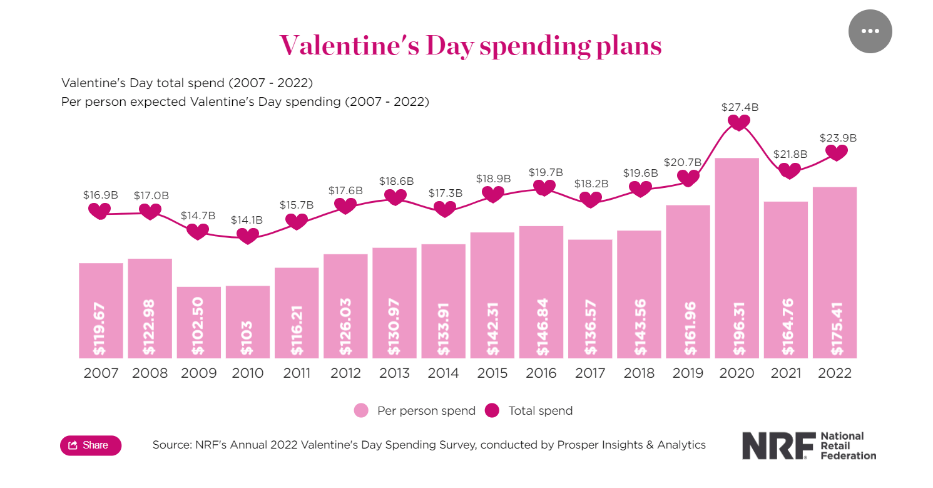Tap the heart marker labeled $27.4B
(739, 122)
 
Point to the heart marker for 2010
(248, 236)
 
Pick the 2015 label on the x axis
(492, 373)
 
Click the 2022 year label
(835, 373)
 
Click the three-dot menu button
(870, 31)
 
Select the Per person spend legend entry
(415, 411)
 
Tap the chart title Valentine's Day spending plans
(470, 46)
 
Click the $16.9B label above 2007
(100, 195)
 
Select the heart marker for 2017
(589, 199)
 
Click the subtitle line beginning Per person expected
(245, 101)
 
